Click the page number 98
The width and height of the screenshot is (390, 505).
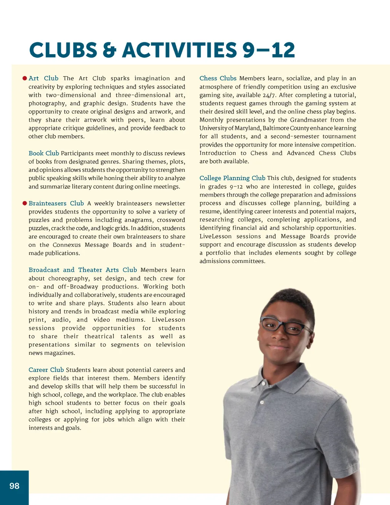(14, 486)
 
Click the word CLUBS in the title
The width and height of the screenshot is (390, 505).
(63, 50)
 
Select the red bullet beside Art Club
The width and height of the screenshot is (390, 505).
(25, 78)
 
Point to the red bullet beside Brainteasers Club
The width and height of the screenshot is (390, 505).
(25, 203)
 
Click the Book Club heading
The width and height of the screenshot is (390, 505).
(44, 153)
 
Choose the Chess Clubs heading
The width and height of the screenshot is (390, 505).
(218, 78)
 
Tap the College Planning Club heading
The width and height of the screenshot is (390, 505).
(232, 178)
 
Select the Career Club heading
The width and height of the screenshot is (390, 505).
(46, 370)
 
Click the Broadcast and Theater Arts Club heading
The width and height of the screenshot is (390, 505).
(83, 270)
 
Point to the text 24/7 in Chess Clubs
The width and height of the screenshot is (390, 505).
(269, 95)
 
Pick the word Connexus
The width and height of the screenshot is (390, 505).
(67, 245)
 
